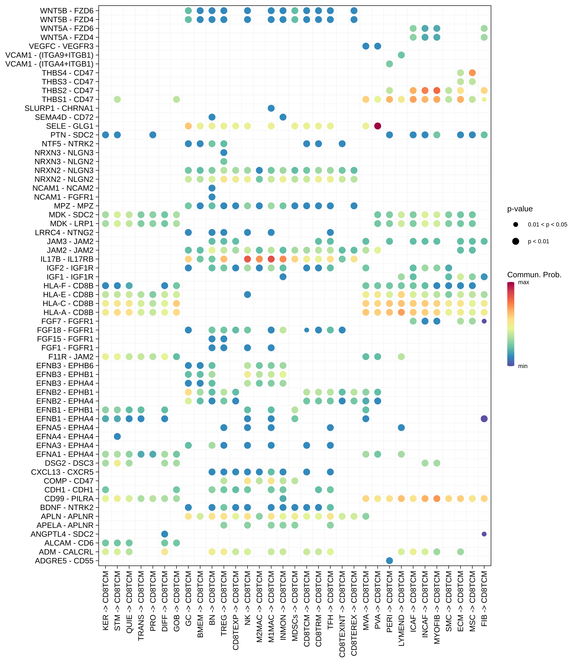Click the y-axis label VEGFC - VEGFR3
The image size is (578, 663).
61,46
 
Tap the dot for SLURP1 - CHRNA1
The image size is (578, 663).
271,108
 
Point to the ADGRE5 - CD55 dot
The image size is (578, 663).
389,561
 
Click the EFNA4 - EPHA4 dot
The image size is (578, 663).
117,436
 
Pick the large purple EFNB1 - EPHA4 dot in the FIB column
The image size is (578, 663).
484,419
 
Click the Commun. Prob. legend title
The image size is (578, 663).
534,275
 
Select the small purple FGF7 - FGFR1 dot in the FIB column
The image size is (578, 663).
484,321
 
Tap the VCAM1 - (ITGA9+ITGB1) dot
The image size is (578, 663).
401,55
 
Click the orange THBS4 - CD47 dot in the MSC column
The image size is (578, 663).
472,73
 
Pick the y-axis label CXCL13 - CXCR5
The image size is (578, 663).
62,472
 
